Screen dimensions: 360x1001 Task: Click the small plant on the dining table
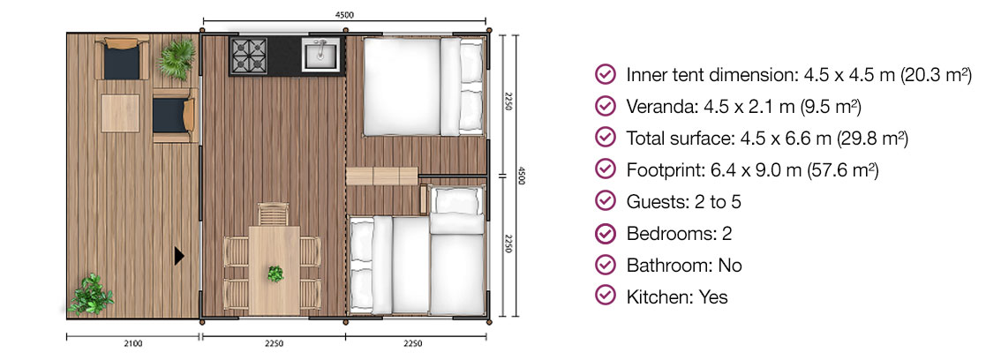click(275, 274)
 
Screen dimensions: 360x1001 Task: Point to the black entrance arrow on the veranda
click(179, 256)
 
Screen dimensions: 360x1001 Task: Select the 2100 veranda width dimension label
click(133, 344)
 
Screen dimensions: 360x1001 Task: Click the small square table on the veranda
click(120, 114)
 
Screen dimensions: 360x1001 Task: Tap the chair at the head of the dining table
click(274, 214)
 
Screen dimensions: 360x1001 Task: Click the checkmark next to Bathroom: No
click(606, 266)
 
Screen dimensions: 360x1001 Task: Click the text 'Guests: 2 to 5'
click(683, 202)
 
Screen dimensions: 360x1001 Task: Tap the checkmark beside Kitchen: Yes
click(606, 297)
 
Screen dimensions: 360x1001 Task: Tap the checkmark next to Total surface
click(606, 139)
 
